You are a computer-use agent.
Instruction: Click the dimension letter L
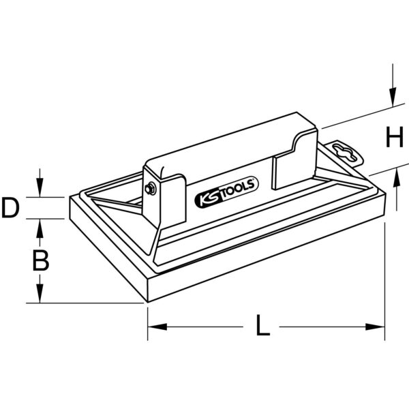pyautogui.click(x=262, y=325)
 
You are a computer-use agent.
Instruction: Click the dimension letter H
pyautogui.click(x=395, y=137)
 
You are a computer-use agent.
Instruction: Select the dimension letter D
pyautogui.click(x=10, y=208)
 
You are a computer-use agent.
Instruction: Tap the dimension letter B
pyautogui.click(x=41, y=260)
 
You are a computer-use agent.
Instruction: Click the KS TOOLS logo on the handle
pyautogui.click(x=227, y=192)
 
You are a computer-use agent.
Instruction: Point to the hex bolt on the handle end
pyautogui.click(x=149, y=189)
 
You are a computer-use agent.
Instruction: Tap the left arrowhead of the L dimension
pyautogui.click(x=157, y=327)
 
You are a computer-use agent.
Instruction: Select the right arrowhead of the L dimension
pyautogui.click(x=375, y=327)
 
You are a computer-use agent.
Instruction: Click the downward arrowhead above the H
pyautogui.click(x=393, y=97)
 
